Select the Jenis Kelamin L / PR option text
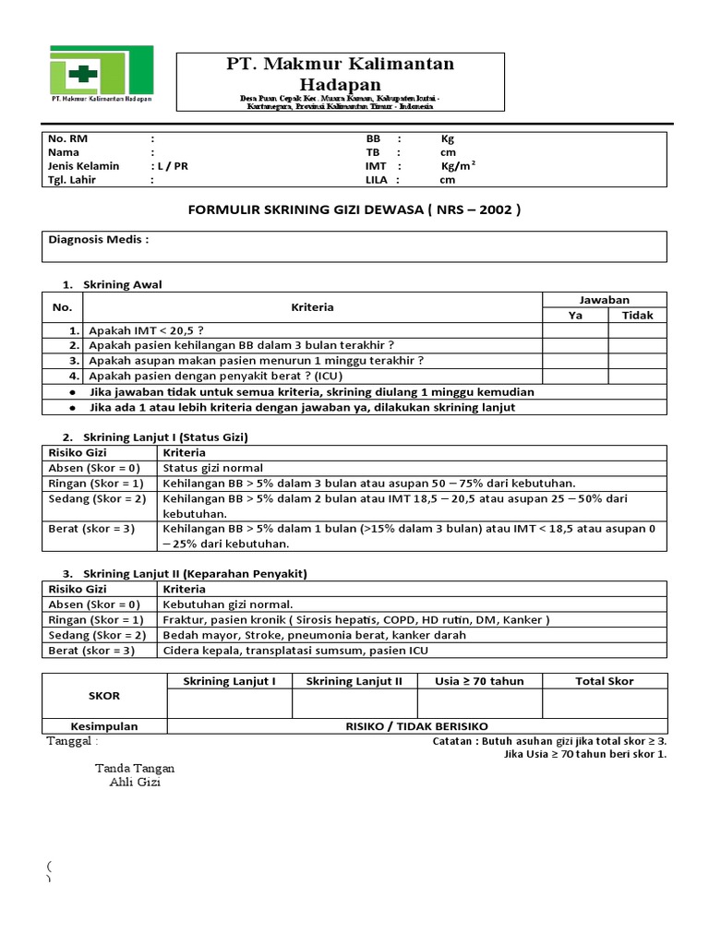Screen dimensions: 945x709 tap(170, 166)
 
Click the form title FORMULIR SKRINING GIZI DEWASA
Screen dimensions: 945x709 tap(354, 209)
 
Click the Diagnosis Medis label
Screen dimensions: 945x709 tap(98, 240)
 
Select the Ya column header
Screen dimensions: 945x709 tap(574, 315)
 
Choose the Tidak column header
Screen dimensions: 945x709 tap(637, 315)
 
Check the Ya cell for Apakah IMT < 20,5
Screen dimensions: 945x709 tap(574, 330)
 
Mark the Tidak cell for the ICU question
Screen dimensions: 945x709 tap(637, 377)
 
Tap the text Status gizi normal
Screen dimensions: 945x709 tap(213, 468)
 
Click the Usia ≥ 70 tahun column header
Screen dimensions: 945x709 tap(479, 681)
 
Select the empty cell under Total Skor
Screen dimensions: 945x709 tap(604, 703)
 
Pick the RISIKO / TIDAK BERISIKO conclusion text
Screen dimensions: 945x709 tap(416, 726)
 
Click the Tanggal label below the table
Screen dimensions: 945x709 tap(72, 741)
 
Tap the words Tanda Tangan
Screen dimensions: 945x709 tap(135, 768)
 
